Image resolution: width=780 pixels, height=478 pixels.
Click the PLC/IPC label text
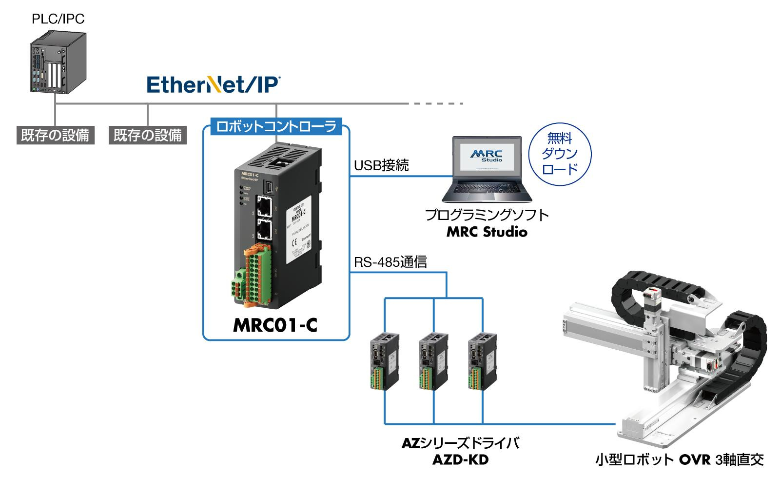click(x=58, y=19)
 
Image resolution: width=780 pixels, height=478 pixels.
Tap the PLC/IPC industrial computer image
click(x=58, y=62)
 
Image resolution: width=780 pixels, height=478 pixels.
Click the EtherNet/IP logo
click(x=213, y=84)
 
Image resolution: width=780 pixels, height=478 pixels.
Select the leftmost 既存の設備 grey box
click(x=55, y=135)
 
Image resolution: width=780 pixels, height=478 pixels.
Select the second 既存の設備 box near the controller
click(x=147, y=135)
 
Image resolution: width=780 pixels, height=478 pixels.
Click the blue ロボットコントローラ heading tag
click(x=276, y=127)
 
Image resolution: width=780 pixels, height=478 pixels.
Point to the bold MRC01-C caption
click(x=275, y=325)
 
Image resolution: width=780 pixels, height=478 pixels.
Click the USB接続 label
click(x=381, y=166)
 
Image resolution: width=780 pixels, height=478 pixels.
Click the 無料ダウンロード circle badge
click(x=560, y=153)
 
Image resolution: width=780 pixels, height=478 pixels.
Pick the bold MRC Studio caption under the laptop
click(x=487, y=232)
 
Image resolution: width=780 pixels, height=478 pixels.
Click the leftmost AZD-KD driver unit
click(x=384, y=361)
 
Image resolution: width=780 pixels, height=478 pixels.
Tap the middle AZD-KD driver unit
click(x=433, y=361)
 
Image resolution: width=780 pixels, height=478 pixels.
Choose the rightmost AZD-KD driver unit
click(x=482, y=361)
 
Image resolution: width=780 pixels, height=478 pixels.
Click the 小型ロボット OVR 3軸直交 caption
click(x=679, y=459)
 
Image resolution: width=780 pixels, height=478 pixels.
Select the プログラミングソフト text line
click(x=487, y=215)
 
